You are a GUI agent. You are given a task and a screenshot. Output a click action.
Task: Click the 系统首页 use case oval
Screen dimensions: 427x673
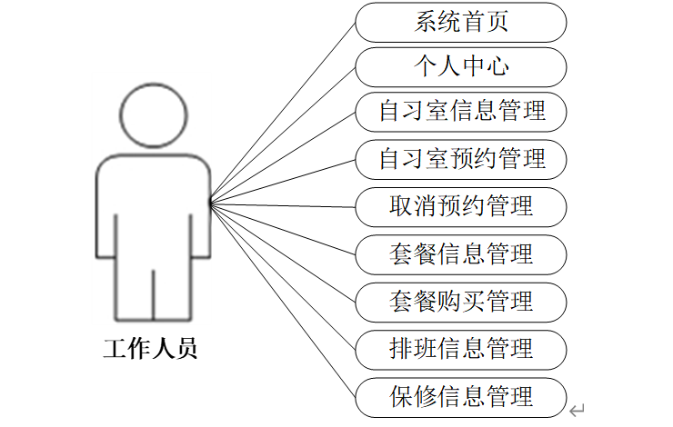point(460,22)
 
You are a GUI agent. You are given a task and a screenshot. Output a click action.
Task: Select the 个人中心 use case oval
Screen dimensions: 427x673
point(460,67)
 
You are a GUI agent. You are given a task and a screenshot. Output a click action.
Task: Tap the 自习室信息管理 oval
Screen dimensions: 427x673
point(460,112)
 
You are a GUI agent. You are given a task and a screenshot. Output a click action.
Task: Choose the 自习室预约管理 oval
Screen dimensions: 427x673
point(460,159)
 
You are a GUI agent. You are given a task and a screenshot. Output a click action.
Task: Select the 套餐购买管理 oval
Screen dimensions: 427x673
point(460,301)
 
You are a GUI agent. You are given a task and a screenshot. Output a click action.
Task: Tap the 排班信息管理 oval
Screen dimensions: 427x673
point(460,349)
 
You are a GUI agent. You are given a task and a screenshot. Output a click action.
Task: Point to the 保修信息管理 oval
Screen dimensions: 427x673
point(460,397)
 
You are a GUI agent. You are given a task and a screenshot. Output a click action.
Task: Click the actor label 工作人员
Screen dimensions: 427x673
point(150,349)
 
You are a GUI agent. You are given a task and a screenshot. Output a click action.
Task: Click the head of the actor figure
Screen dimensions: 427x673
point(154,115)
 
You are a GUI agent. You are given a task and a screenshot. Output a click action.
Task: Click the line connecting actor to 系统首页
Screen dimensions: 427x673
point(283,114)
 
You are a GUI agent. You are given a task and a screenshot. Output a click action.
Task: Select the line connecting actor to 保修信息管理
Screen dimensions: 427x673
point(283,301)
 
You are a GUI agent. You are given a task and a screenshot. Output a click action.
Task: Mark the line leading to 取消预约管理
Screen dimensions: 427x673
point(283,205)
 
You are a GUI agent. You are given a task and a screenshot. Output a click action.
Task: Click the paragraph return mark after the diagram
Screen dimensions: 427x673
point(577,412)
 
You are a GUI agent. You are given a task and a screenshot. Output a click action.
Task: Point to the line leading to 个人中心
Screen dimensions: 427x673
point(283,136)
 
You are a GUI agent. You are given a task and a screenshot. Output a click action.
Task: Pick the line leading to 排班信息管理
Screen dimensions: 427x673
point(283,276)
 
